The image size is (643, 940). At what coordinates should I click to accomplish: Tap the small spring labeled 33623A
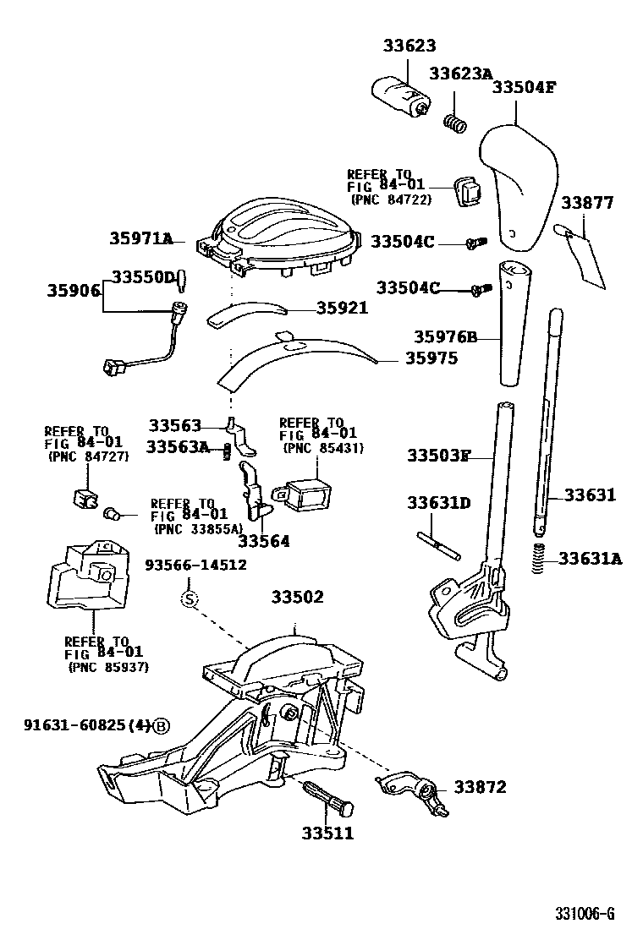455,123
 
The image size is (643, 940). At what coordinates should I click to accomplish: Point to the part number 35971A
140,239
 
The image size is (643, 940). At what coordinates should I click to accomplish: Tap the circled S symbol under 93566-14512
190,599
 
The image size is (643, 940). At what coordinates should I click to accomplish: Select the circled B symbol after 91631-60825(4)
162,726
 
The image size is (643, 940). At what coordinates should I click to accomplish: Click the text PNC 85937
107,667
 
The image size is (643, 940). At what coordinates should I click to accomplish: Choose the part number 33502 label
297,597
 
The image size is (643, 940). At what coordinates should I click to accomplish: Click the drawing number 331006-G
584,913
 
